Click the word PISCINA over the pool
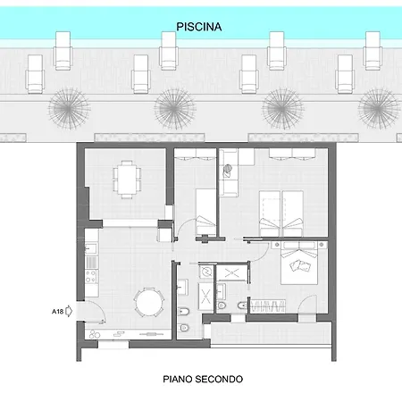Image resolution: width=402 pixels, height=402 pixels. coord(199,27)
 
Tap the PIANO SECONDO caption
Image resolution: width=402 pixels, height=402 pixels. coord(203,379)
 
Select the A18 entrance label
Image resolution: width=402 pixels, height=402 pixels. coord(57,312)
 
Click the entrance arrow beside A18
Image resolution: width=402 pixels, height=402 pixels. coord(69,311)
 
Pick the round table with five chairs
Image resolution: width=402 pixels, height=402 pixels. coord(149,303)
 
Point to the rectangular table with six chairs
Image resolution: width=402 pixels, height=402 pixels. coord(127,180)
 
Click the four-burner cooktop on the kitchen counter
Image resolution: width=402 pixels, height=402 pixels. coord(91,276)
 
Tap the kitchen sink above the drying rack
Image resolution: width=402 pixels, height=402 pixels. coord(91,248)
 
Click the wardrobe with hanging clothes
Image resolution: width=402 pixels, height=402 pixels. coord(267,306)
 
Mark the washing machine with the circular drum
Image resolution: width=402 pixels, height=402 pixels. coord(205,272)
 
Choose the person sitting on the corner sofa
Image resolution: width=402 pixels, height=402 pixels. coord(228,170)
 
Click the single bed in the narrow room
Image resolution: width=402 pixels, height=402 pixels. coord(205,213)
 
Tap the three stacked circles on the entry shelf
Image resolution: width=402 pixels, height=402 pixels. coord(94,334)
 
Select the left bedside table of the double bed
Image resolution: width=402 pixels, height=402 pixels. coord(277,245)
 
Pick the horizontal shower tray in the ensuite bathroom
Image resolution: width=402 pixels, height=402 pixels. coord(231,272)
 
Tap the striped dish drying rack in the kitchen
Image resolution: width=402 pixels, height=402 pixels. coord(91,263)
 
